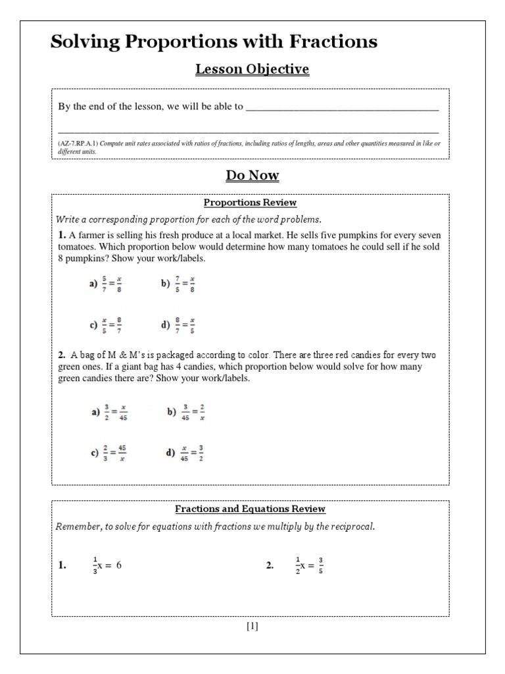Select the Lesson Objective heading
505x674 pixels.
click(x=252, y=69)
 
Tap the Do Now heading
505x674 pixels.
click(x=252, y=175)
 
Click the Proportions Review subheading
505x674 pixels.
click(x=250, y=203)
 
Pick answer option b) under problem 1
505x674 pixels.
click(x=178, y=284)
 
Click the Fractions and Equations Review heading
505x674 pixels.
click(x=250, y=509)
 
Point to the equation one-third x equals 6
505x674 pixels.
click(x=107, y=565)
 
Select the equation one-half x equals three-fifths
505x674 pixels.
click(x=309, y=565)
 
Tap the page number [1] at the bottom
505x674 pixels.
click(x=252, y=626)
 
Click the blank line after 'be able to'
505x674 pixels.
click(x=342, y=107)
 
